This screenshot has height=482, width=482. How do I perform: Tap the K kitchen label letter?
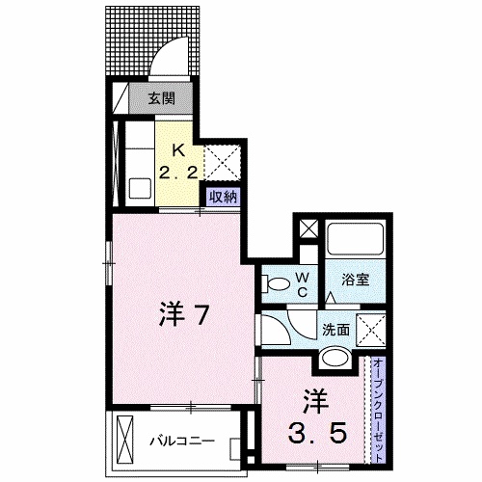[178, 148]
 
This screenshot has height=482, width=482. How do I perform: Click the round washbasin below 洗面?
[336, 360]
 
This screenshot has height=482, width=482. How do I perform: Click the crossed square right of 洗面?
[369, 329]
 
